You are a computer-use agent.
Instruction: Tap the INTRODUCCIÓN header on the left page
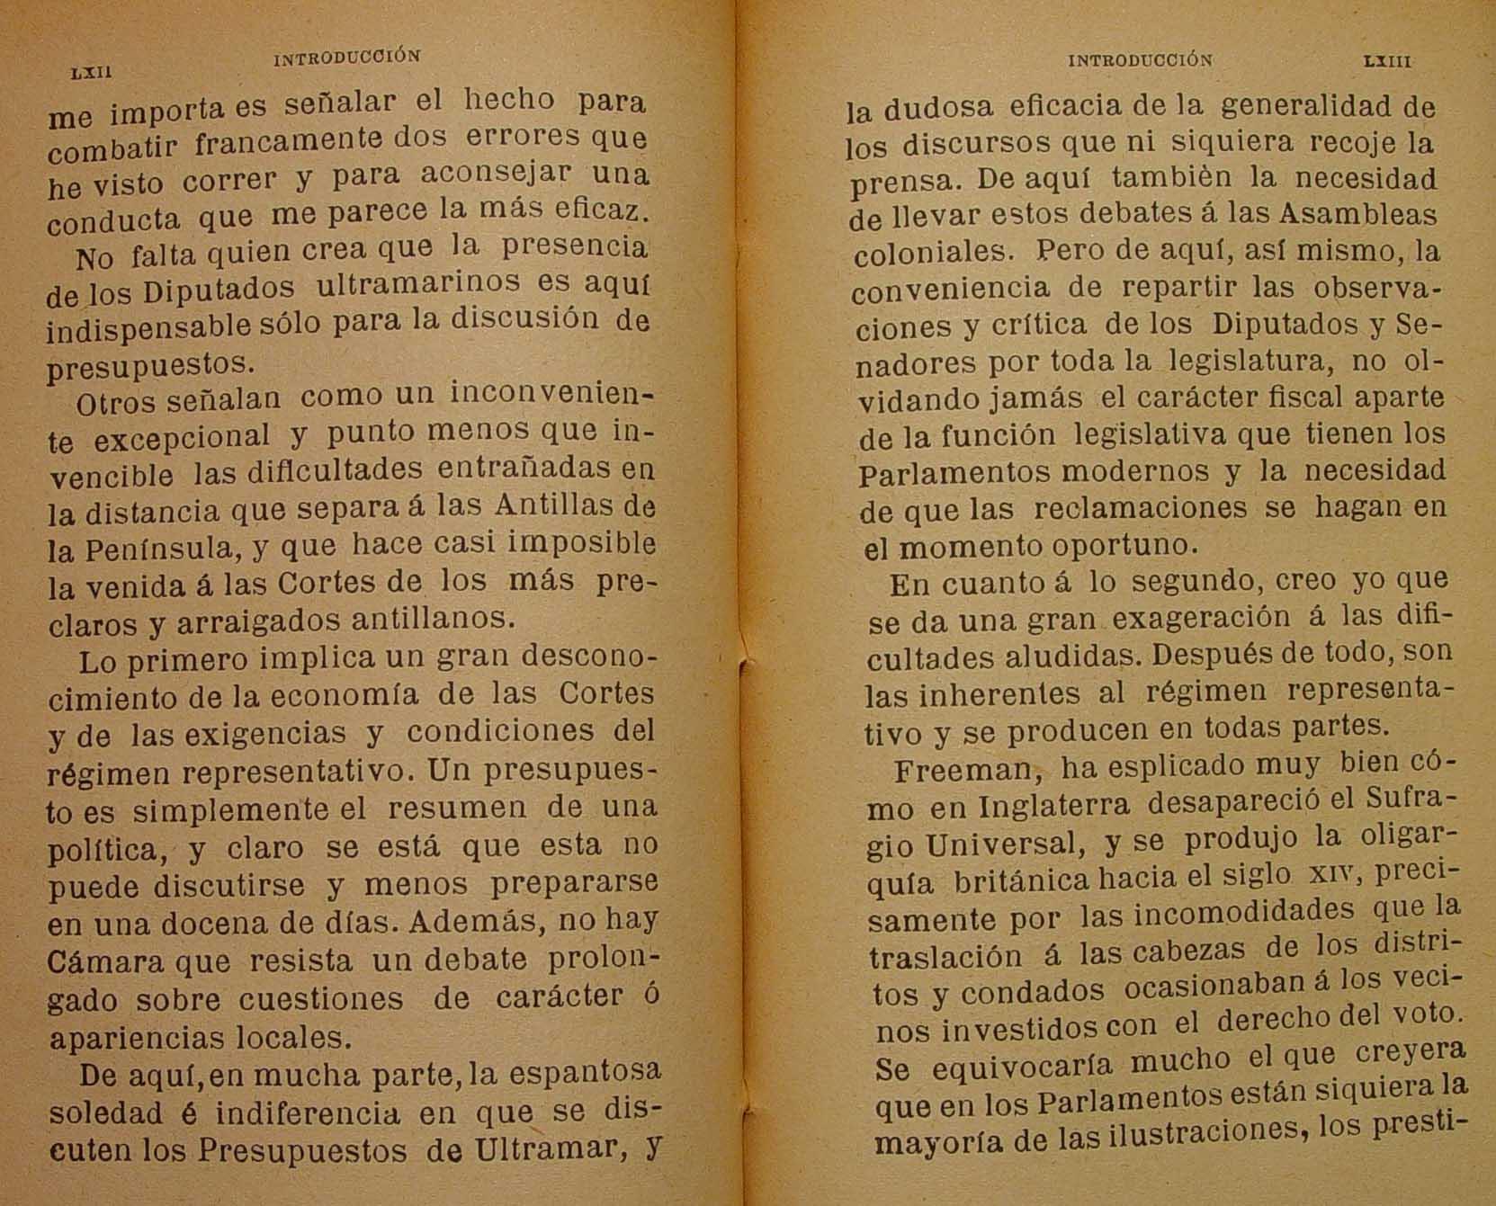pyautogui.click(x=346, y=57)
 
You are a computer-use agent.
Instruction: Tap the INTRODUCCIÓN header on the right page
pyautogui.click(x=1140, y=61)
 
